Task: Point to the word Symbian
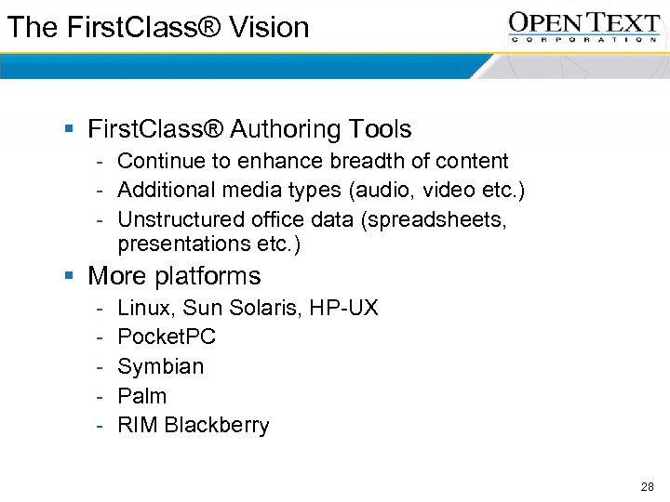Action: (x=160, y=366)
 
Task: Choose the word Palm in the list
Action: (x=142, y=396)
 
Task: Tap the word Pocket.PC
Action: (x=167, y=337)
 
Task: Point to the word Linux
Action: (x=144, y=308)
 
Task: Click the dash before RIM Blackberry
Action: (x=99, y=426)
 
